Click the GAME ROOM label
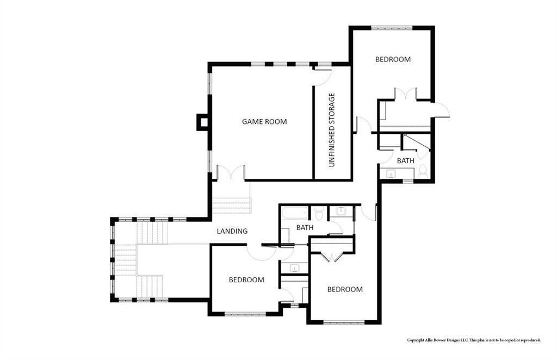pos(264,122)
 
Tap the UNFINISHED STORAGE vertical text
pos(332,130)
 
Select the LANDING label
pos(232,231)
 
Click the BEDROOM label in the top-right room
pos(393,59)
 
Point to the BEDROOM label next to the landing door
pos(246,280)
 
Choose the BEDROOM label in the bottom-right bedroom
pos(344,289)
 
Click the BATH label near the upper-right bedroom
pos(405,161)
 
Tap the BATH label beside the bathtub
pos(305,227)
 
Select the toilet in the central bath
pos(319,212)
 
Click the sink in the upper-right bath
pos(391,174)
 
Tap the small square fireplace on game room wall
pos(202,122)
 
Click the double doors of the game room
pos(231,173)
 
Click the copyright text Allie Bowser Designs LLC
pos(473,340)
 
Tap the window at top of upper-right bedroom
pos(392,27)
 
